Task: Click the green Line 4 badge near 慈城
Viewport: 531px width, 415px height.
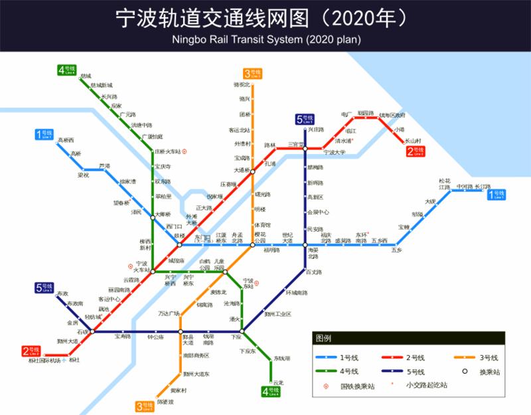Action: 67,70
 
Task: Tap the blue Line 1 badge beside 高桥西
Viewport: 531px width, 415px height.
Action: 44,135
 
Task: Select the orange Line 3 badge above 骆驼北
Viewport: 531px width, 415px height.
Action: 252,74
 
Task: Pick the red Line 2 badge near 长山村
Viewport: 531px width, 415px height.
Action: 415,152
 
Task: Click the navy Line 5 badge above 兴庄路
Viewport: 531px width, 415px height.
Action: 305,120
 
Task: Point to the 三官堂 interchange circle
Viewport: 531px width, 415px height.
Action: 305,149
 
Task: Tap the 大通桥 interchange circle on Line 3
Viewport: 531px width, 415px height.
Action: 252,171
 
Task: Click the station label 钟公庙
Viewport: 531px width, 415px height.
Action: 155,337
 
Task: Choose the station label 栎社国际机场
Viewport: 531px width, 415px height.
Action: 44,361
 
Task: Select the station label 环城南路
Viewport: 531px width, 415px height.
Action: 297,293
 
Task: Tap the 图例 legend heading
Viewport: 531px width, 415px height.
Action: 324,338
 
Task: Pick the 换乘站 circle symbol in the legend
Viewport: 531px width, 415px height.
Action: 465,371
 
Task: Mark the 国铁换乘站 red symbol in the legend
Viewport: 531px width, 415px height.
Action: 326,386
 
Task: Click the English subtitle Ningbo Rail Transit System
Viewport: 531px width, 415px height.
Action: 265,39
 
